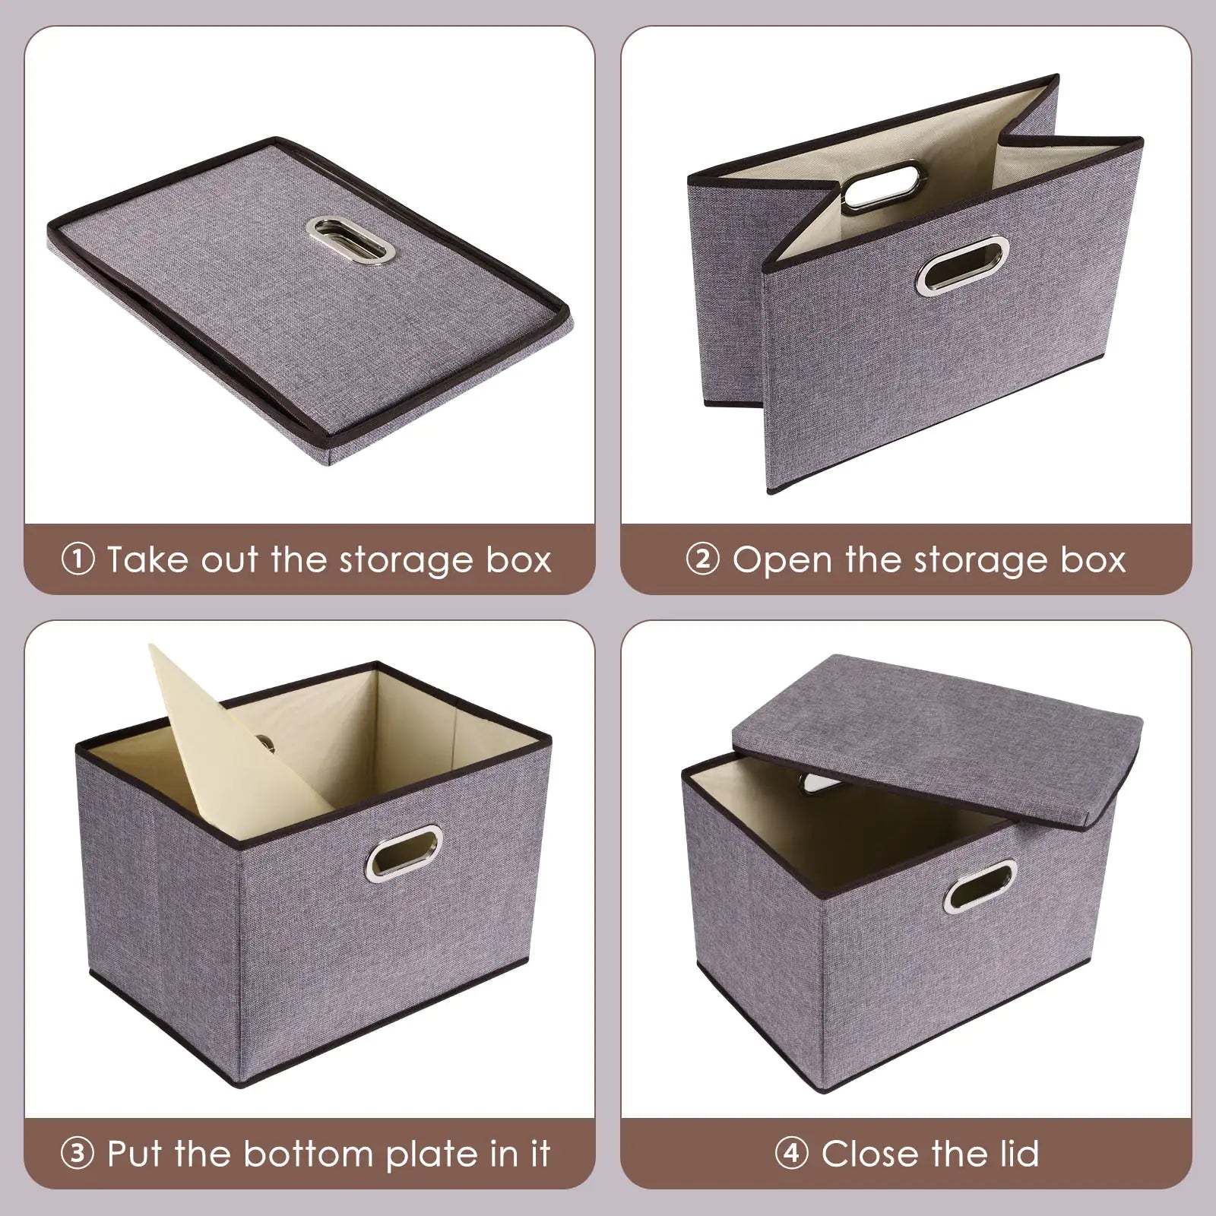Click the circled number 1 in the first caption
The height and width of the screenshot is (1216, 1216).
(78, 560)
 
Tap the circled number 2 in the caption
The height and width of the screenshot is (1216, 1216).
(702, 560)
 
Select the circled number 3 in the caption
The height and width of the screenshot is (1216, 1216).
(78, 1154)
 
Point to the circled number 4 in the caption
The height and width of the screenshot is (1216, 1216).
(791, 1154)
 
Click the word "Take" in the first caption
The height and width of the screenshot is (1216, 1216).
(144, 560)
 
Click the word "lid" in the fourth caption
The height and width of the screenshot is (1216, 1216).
(1014, 1154)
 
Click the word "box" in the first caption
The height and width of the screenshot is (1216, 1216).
(521, 560)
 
